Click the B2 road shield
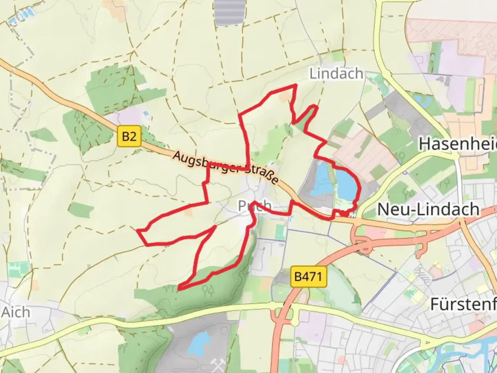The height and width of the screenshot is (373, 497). click(129, 136)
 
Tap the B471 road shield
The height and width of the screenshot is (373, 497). click(308, 276)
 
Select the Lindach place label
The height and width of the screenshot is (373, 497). click(336, 74)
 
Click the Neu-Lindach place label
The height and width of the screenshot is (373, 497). click(428, 209)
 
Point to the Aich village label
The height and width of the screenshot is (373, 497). click(16, 313)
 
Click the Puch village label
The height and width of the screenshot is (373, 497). click(255, 206)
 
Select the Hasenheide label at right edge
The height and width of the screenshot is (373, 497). click(458, 144)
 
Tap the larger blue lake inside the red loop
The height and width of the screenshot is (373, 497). click(346, 183)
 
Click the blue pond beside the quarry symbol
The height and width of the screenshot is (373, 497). click(196, 342)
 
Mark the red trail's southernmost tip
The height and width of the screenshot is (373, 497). click(180, 288)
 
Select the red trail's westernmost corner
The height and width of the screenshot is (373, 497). click(138, 230)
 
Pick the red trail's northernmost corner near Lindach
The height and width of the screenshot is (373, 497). click(295, 85)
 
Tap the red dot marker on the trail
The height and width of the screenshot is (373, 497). click(345, 214)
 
